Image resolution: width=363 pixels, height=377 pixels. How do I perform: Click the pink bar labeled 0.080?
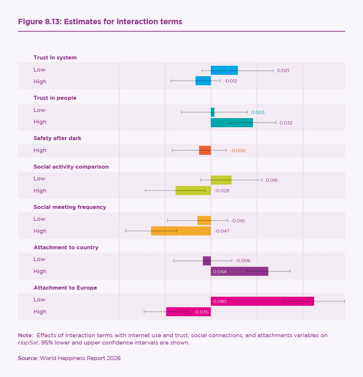262,301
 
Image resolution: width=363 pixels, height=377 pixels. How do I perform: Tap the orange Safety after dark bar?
205,150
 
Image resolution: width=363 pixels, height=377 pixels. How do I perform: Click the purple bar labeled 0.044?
239,271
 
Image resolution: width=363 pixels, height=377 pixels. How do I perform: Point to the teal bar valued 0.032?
232,123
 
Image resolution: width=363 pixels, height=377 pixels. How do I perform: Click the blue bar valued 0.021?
224,70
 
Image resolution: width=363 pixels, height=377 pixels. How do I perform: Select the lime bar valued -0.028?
193,191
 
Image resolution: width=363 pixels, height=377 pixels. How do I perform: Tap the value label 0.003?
258,112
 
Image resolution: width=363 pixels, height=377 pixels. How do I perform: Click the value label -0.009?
237,151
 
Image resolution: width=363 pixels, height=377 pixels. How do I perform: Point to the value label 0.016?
271,180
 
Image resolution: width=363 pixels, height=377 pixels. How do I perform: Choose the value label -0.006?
243,261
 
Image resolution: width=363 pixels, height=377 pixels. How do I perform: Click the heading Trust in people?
55,98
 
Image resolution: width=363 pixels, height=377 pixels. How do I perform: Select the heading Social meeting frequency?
70,207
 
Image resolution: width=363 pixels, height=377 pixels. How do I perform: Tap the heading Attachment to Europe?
65,288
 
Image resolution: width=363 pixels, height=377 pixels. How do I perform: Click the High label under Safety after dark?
40,150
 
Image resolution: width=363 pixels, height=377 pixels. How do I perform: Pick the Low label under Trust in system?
39,70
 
